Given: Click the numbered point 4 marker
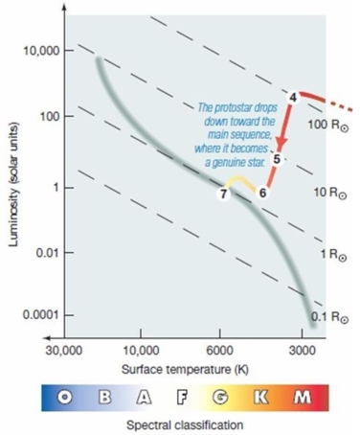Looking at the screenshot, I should click(x=294, y=97).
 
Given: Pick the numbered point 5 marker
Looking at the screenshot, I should click(x=275, y=159).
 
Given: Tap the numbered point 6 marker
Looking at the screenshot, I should click(x=262, y=193).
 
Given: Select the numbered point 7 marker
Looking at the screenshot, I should click(x=224, y=194).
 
